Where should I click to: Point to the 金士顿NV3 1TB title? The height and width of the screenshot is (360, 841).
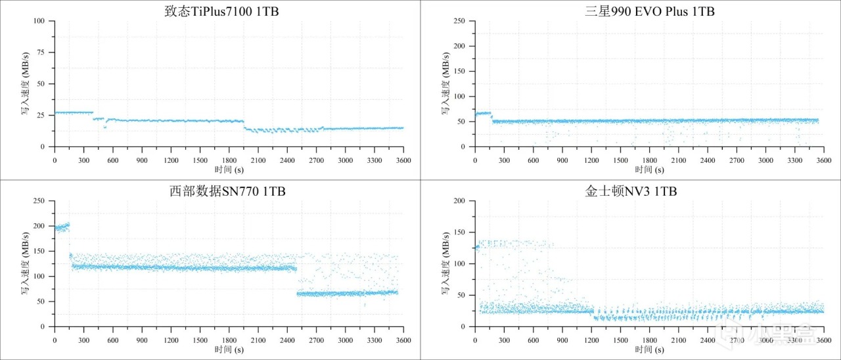tap(631, 192)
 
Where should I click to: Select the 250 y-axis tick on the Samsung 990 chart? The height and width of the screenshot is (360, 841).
tap(460, 21)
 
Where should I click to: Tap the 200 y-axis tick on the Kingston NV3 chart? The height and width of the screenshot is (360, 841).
tap(460, 201)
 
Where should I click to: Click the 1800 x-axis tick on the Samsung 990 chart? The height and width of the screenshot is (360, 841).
tap(650, 160)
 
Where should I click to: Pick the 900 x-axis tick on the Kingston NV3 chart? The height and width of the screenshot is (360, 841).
tap(562, 340)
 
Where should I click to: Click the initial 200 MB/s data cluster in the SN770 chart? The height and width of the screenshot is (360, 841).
tap(62, 227)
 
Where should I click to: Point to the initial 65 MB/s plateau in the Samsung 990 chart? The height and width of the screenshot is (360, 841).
tap(483, 114)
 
